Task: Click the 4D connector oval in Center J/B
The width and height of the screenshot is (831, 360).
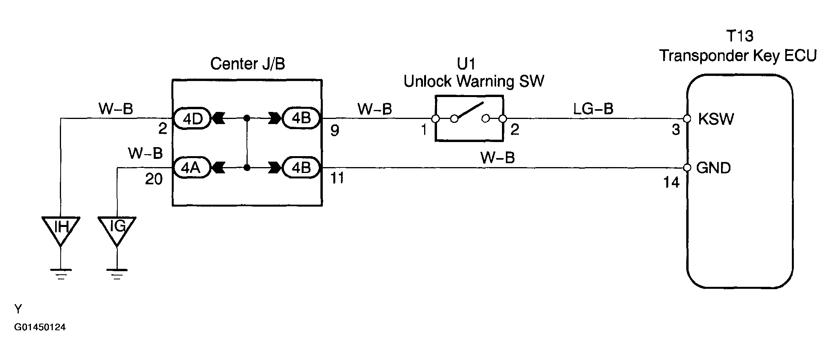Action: [x=192, y=118]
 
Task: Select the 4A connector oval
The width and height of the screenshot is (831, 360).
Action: [x=191, y=168]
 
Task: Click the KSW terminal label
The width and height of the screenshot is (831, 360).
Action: [x=716, y=119]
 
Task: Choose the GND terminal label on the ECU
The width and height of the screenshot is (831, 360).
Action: [x=713, y=168]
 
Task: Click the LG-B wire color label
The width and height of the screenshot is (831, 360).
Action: [x=593, y=109]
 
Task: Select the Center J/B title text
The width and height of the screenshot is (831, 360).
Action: [x=248, y=63]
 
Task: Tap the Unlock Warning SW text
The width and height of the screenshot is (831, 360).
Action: [x=474, y=81]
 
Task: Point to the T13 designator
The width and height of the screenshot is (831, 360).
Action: [x=740, y=36]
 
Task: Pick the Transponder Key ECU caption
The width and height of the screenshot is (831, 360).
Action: [x=738, y=56]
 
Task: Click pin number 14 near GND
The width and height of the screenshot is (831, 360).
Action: [x=671, y=182]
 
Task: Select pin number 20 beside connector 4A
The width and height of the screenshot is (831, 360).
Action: [x=154, y=179]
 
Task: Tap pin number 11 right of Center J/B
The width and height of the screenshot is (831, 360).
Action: [x=337, y=178]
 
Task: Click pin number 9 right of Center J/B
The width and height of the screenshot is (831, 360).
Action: [x=335, y=130]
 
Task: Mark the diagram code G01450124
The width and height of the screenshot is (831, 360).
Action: [x=40, y=327]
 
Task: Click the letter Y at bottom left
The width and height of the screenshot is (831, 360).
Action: [x=18, y=310]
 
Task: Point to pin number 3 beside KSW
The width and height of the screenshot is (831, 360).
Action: [x=676, y=130]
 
